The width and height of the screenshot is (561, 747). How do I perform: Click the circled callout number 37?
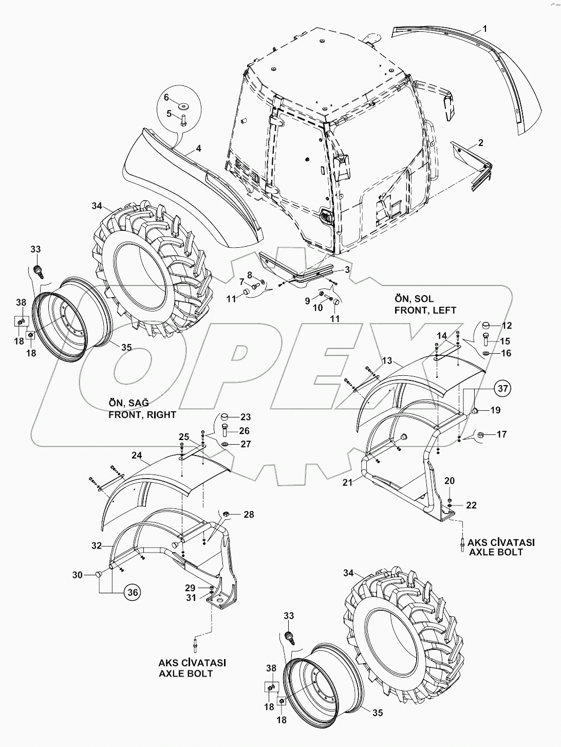[503, 389]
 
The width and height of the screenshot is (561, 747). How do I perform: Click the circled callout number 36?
[132, 592]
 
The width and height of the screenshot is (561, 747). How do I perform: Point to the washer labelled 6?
[183, 106]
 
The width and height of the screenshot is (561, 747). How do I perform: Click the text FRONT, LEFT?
[425, 310]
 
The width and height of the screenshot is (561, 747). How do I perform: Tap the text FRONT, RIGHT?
[142, 414]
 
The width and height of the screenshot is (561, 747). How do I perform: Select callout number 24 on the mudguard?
[137, 454]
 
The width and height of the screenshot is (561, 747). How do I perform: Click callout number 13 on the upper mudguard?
[387, 360]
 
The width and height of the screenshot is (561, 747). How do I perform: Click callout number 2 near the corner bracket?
[480, 143]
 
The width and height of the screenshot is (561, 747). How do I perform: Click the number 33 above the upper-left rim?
[35, 249]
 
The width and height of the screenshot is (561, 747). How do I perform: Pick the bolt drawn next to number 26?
[227, 430]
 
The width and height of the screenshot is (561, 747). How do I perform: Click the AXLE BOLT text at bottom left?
[193, 673]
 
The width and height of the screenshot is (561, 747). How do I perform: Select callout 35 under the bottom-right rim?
[378, 713]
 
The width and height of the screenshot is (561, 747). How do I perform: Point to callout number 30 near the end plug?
[77, 575]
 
